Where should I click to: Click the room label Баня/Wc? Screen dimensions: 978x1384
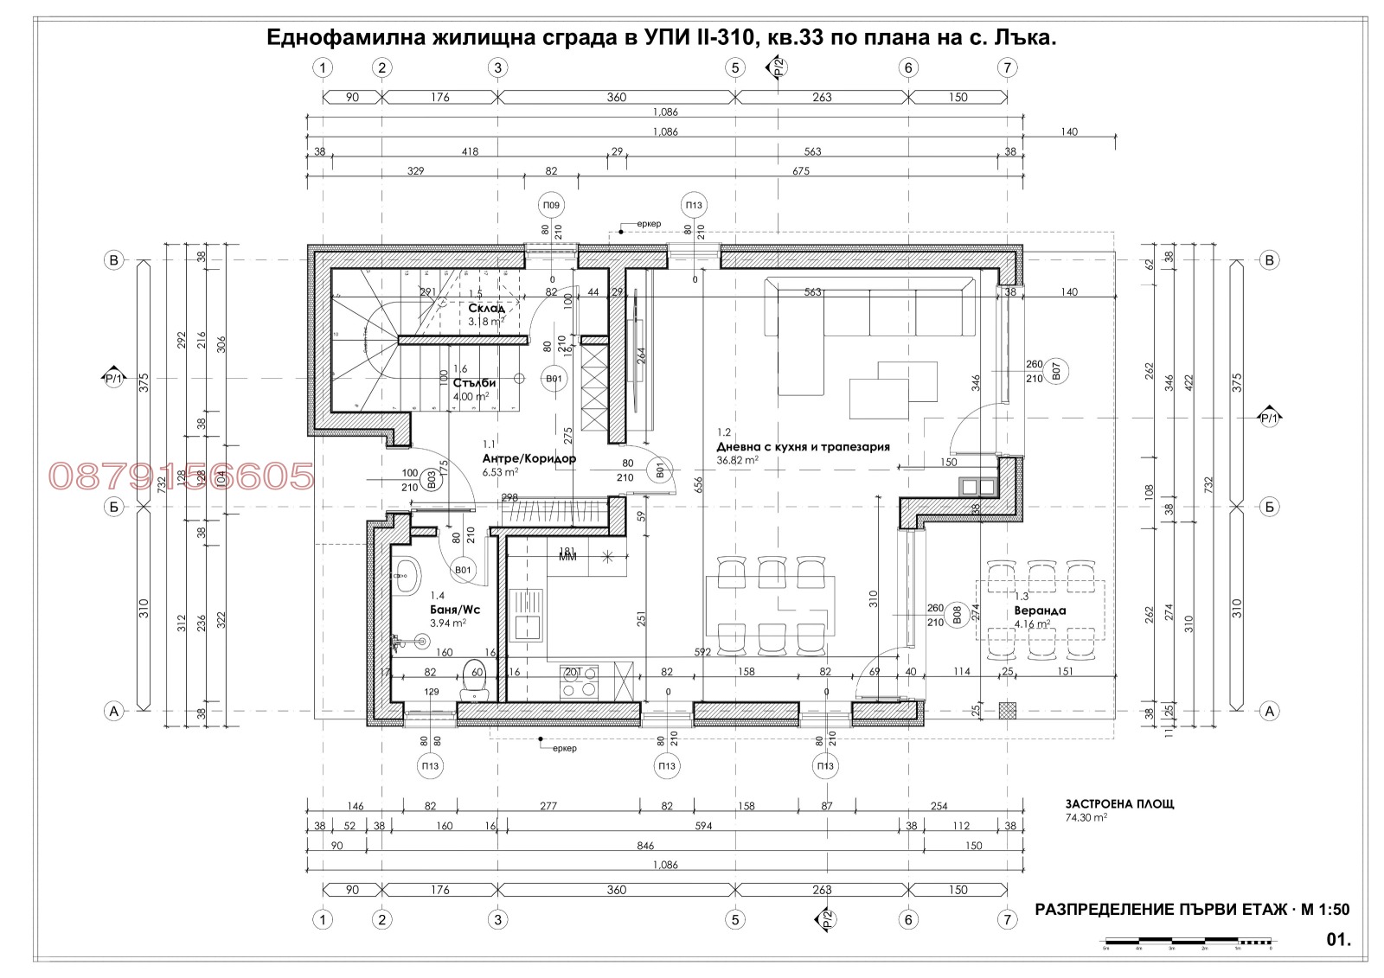click(454, 609)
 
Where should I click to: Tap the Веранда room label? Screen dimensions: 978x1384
click(1040, 610)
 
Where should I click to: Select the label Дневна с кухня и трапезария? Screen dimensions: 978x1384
click(802, 447)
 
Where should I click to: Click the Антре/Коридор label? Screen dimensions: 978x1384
click(529, 458)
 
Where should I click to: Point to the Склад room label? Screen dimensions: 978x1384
click(486, 308)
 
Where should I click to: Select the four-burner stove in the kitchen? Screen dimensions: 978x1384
click(580, 681)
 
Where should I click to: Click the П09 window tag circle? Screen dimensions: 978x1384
click(551, 206)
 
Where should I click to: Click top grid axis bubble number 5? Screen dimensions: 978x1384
click(734, 67)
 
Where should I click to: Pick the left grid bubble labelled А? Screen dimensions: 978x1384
click(113, 712)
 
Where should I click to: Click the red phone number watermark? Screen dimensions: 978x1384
click(181, 476)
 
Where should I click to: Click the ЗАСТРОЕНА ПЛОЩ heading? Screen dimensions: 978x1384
click(1120, 803)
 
